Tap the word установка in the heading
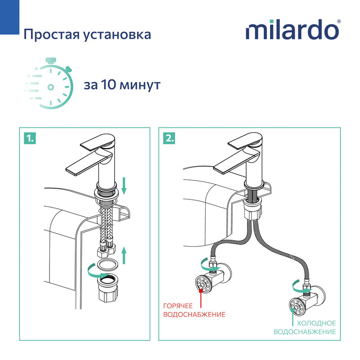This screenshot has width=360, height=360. (119, 35)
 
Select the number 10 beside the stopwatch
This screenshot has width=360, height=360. (107, 85)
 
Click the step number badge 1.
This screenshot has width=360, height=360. (29, 138)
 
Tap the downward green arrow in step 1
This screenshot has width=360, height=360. (125, 186)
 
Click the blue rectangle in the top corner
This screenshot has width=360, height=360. (8, 15)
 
